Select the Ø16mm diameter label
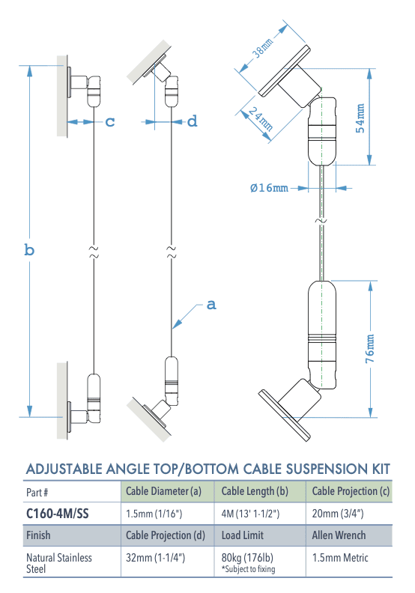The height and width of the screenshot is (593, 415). tap(269, 187)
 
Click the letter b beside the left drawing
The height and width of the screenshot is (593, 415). tap(29, 250)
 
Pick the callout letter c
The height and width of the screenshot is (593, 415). tap(109, 121)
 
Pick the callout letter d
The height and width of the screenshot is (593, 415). tap(192, 121)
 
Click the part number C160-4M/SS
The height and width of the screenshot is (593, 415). tap(58, 514)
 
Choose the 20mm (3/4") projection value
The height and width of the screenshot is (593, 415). tap(338, 514)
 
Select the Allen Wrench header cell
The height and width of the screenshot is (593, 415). tap(338, 536)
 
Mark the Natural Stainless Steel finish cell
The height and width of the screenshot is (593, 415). tap(59, 563)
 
